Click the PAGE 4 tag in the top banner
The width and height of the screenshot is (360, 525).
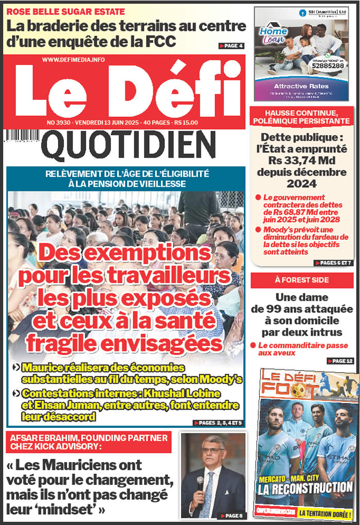coord(231,46)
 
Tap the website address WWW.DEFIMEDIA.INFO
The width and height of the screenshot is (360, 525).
coord(73,60)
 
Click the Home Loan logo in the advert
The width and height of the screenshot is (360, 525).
coord(273,35)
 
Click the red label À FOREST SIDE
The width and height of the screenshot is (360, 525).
coord(302,280)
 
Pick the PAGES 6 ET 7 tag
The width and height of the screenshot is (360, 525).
coord(333,263)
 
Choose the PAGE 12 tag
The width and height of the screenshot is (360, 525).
coord(339,361)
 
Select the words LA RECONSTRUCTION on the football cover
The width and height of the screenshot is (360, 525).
coord(305,486)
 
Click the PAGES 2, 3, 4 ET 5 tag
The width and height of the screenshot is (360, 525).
coord(219,423)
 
